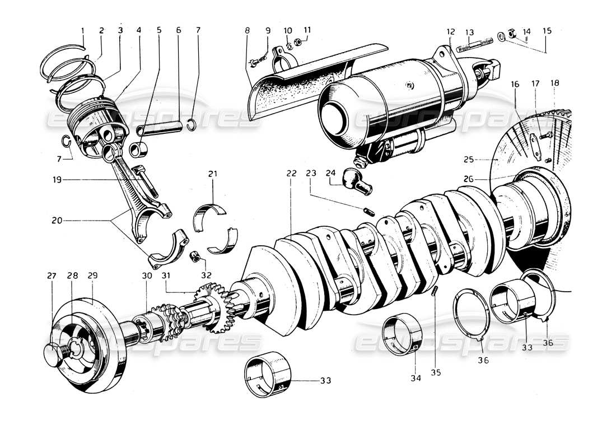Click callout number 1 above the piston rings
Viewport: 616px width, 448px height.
(82, 30)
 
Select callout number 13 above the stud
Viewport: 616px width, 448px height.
(469, 32)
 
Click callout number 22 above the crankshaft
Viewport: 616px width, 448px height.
(291, 174)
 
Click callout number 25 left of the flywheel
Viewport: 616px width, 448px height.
(469, 160)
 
